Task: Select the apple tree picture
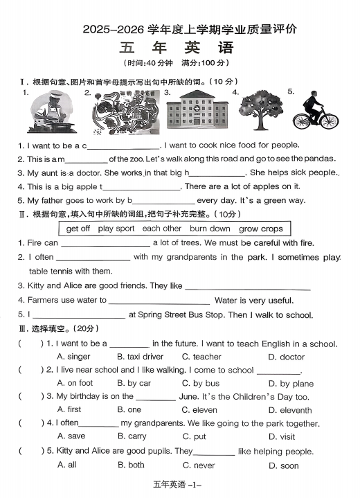[x=260, y=111]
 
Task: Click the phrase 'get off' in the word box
[x=78, y=229]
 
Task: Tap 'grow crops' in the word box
[x=260, y=229]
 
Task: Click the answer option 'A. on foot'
[x=75, y=383]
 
